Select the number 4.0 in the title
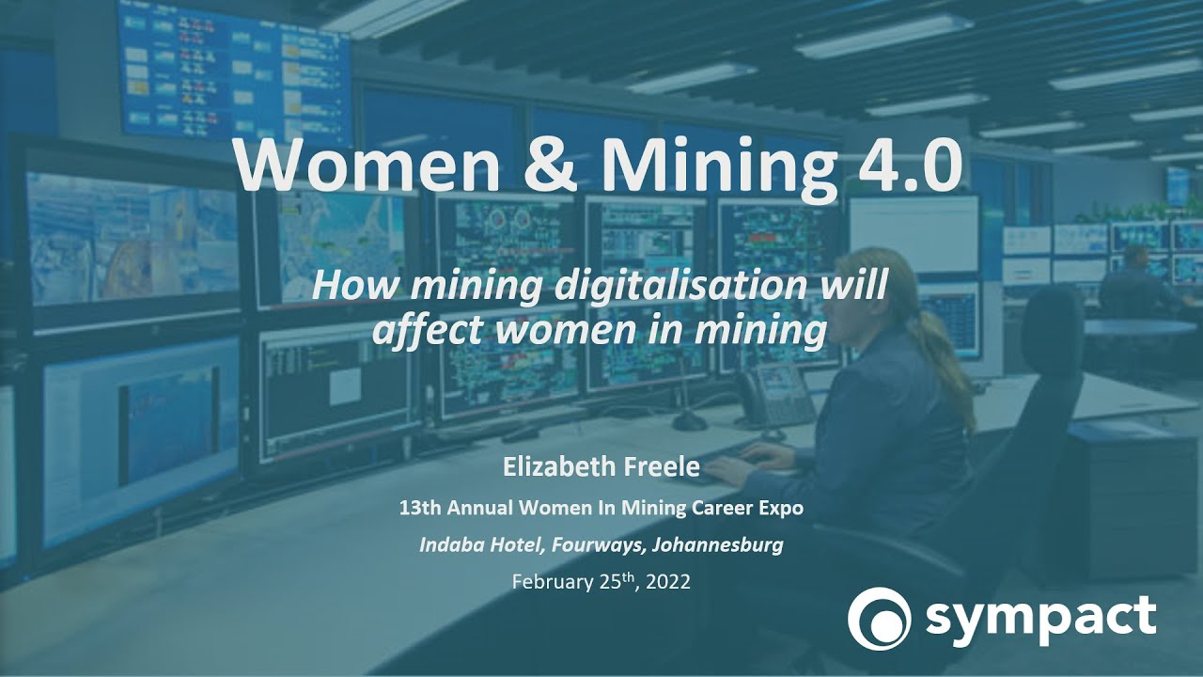point(901,165)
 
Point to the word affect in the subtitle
point(426,330)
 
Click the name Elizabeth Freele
point(601,467)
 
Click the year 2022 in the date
point(664,582)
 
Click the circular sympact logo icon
point(879,618)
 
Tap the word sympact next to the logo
point(1040,618)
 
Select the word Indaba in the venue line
point(449,544)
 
